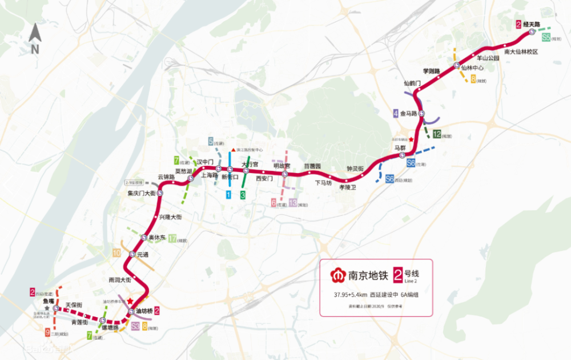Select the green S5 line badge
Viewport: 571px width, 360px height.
546,38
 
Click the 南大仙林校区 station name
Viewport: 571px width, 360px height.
521,51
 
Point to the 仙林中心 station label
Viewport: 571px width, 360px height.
472,68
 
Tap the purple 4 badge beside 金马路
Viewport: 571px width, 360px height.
396,114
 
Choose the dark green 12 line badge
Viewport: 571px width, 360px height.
437,135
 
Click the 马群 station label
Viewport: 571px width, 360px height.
400,149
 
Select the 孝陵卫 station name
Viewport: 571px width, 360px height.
347,187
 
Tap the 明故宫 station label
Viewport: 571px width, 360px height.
282,165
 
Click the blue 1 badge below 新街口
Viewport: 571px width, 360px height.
228,195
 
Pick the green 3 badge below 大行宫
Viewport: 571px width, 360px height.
243,195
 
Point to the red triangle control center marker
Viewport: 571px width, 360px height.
232,150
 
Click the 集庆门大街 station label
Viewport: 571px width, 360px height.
142,194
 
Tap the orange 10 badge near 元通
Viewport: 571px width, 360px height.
116,253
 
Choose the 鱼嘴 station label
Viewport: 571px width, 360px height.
49,301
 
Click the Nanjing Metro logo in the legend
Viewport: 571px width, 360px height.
337,275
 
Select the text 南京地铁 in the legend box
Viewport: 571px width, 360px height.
368,275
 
